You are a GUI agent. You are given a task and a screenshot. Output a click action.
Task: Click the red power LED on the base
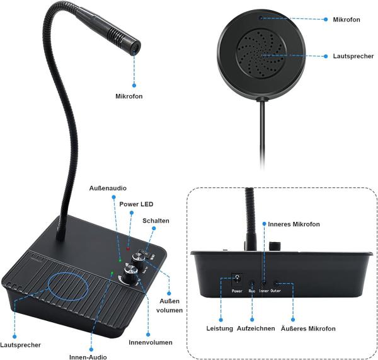[x=127, y=249]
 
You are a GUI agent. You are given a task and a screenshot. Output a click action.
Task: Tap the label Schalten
[x=156, y=221]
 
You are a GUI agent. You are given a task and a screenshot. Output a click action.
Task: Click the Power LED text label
[x=136, y=204]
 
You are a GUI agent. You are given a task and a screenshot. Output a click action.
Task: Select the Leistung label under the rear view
[x=219, y=328]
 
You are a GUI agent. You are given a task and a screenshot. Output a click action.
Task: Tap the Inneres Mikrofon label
[x=294, y=224]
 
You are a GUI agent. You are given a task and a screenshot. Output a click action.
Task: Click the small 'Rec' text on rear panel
[x=251, y=292]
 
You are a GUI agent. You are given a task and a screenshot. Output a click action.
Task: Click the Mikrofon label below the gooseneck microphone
[x=129, y=96]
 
